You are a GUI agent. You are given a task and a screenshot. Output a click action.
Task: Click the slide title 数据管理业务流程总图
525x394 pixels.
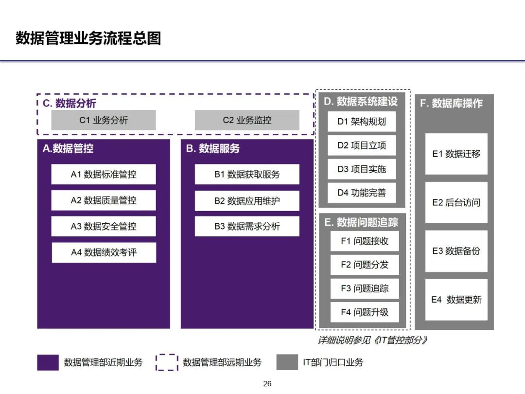click(88, 38)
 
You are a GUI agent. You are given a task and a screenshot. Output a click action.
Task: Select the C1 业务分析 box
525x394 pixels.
click(104, 120)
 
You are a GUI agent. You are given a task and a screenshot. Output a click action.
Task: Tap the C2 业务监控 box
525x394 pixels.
click(247, 120)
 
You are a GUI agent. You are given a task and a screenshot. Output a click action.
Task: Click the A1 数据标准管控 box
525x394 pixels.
click(104, 174)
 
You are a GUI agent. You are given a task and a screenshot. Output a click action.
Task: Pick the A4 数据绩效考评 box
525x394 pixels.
click(104, 252)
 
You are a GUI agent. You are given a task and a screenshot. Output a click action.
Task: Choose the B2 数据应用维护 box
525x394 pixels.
click(247, 200)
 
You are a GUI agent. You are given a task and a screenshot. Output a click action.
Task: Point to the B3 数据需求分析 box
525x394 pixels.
click(247, 226)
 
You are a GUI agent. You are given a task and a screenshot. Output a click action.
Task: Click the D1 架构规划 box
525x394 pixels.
click(362, 122)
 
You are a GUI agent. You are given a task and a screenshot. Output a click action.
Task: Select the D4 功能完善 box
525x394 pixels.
click(362, 193)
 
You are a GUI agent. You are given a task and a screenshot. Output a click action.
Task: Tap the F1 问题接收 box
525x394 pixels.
click(365, 241)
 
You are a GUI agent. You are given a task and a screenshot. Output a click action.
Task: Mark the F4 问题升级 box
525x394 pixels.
click(365, 312)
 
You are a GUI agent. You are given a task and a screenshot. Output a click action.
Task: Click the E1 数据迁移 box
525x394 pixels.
click(456, 154)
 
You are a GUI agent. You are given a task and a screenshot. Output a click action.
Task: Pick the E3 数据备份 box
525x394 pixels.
click(456, 251)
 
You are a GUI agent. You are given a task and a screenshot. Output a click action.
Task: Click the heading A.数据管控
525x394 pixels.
click(68, 149)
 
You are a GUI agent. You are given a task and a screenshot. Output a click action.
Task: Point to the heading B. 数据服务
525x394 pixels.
click(213, 149)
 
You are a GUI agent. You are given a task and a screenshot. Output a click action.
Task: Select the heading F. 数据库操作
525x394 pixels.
click(451, 103)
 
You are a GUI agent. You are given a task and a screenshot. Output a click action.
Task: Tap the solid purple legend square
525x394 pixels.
click(48, 362)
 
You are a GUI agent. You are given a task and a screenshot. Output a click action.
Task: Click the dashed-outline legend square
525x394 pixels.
click(167, 362)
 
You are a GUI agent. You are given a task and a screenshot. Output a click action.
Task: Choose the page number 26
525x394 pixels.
click(267, 384)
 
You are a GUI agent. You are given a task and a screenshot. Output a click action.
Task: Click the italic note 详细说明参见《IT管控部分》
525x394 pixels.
click(372, 340)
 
